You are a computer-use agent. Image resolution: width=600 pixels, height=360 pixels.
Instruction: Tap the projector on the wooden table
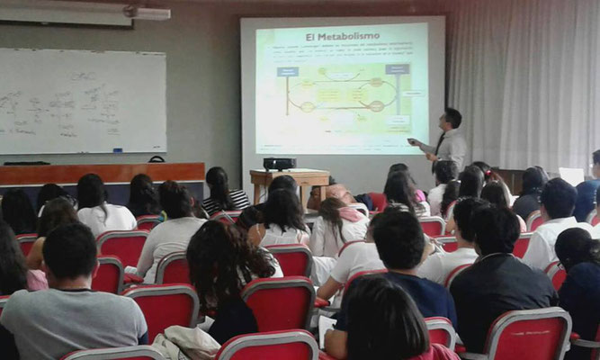point(279,163)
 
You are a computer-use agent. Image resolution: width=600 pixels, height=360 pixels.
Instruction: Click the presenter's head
point(452,118)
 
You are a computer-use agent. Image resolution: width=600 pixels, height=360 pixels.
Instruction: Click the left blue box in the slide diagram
point(288,71)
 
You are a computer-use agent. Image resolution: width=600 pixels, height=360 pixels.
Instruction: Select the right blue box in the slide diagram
point(397,68)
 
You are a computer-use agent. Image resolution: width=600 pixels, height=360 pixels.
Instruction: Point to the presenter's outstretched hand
point(415,142)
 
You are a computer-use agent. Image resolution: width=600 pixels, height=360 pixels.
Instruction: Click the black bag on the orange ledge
point(157,159)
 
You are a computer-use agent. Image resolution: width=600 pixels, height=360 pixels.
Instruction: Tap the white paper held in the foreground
point(327,329)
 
